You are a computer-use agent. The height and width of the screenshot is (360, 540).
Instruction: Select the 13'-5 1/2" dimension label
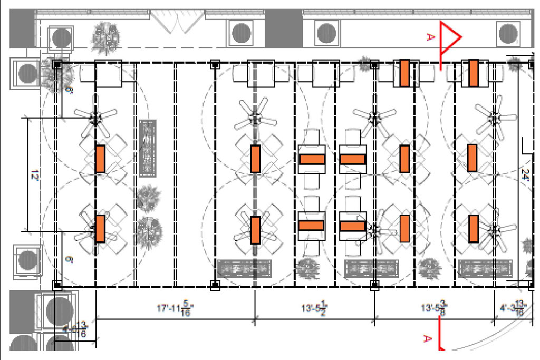pyautogui.click(x=314, y=308)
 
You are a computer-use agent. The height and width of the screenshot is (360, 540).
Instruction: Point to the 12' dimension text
pyautogui.click(x=35, y=174)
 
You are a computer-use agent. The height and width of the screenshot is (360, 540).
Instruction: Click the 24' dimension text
pyautogui.click(x=525, y=174)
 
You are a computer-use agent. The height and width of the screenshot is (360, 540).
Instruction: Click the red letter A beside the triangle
pyautogui.click(x=430, y=36)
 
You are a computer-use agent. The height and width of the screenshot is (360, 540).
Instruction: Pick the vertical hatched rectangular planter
pyautogui.click(x=148, y=149)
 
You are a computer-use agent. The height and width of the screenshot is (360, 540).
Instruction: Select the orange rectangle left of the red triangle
pyautogui.click(x=404, y=73)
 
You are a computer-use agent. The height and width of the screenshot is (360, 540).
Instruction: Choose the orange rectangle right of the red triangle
pyautogui.click(x=473, y=73)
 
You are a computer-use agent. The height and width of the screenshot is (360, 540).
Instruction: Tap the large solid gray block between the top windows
pyautogui.click(x=283, y=28)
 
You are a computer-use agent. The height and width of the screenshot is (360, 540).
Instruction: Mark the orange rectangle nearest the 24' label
pyautogui.click(x=472, y=158)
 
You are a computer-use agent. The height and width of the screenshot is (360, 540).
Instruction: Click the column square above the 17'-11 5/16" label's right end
pyautogui.click(x=215, y=286)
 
